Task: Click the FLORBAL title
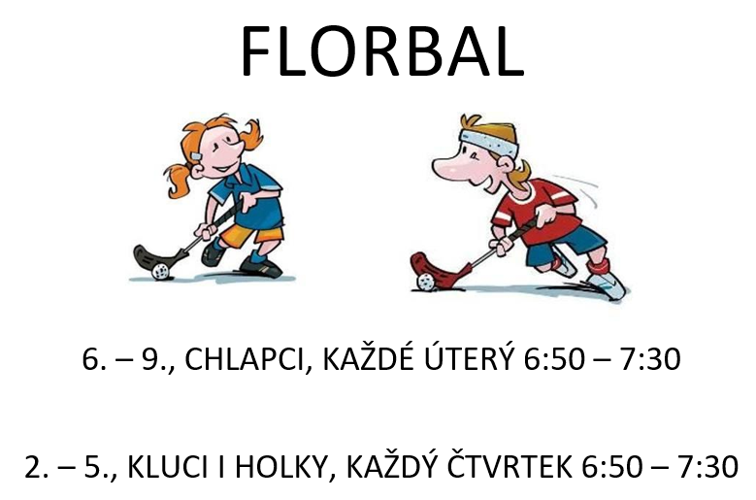click(x=382, y=51)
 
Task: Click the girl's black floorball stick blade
click(x=154, y=259)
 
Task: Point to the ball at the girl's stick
click(x=160, y=272)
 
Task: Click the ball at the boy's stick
click(x=426, y=283)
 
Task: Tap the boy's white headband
click(x=489, y=142)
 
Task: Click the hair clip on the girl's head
click(x=196, y=156)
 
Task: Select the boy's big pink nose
click(x=450, y=167)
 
